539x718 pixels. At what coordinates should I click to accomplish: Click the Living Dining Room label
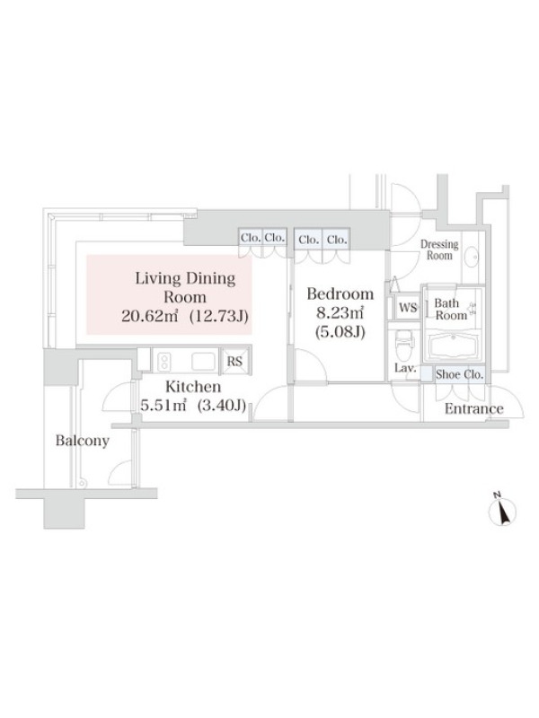tap(185, 287)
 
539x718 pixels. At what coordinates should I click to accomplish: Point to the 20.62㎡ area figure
tap(149, 316)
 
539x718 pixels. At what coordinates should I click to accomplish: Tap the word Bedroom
tap(340, 293)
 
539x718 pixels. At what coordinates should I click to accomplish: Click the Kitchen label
tap(193, 387)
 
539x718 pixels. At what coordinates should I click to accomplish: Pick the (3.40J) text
tap(222, 406)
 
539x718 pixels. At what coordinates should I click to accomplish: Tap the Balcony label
tap(83, 441)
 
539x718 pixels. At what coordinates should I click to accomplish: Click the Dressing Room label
tap(439, 250)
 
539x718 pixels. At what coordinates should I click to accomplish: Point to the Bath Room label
tap(451, 309)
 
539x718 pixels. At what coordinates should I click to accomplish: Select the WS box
tap(408, 308)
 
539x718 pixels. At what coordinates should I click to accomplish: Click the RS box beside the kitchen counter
tap(234, 361)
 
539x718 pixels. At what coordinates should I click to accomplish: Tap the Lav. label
tap(405, 368)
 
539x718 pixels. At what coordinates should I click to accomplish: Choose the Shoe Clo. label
tap(459, 374)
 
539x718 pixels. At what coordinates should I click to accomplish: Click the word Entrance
tap(474, 408)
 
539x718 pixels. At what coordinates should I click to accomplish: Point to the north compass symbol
tap(503, 510)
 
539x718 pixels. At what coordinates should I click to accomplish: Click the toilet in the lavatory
tap(405, 346)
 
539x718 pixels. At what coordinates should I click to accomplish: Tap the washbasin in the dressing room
tap(471, 257)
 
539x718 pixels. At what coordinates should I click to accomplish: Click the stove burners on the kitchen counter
tap(163, 362)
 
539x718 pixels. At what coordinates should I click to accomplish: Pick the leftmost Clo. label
tap(251, 239)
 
